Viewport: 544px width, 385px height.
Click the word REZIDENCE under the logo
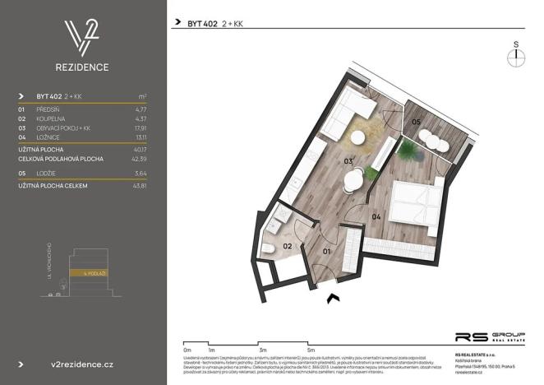click(x=83, y=67)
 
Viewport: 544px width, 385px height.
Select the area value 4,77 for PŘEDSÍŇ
click(x=141, y=108)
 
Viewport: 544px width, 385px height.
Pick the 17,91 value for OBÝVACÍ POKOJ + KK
click(x=140, y=128)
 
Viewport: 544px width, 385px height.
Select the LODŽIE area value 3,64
click(x=141, y=174)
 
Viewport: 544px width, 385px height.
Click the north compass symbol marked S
click(x=515, y=56)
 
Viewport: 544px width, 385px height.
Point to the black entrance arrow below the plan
click(x=333, y=299)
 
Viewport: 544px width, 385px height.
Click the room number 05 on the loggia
click(x=416, y=123)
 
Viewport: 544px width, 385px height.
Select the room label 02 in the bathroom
click(x=288, y=245)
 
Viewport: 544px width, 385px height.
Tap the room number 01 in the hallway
click(x=325, y=250)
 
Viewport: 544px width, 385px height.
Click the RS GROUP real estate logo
click(x=490, y=337)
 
